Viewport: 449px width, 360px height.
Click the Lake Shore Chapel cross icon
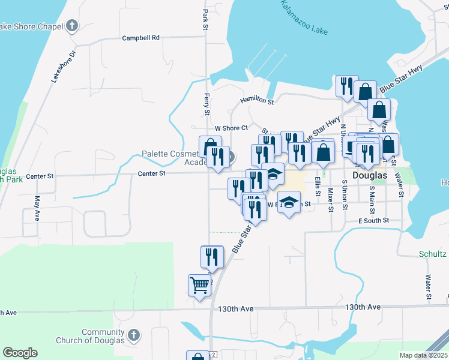[x=73, y=26]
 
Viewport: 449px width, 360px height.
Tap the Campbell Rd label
[x=141, y=38]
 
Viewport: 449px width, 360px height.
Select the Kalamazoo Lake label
[x=304, y=18]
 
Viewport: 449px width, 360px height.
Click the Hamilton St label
[x=257, y=101]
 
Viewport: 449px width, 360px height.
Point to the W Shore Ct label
[x=231, y=128]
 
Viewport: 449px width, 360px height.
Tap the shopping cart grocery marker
[x=199, y=284]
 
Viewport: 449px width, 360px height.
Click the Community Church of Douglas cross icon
[x=134, y=334]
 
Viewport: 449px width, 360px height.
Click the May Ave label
[x=37, y=208]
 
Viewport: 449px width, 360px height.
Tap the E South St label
[x=374, y=221]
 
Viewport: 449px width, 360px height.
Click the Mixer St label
[x=331, y=200]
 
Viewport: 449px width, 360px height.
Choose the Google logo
[x=20, y=353]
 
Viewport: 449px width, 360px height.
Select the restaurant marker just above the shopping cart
[x=212, y=256]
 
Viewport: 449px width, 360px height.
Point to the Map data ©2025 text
[x=423, y=355]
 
